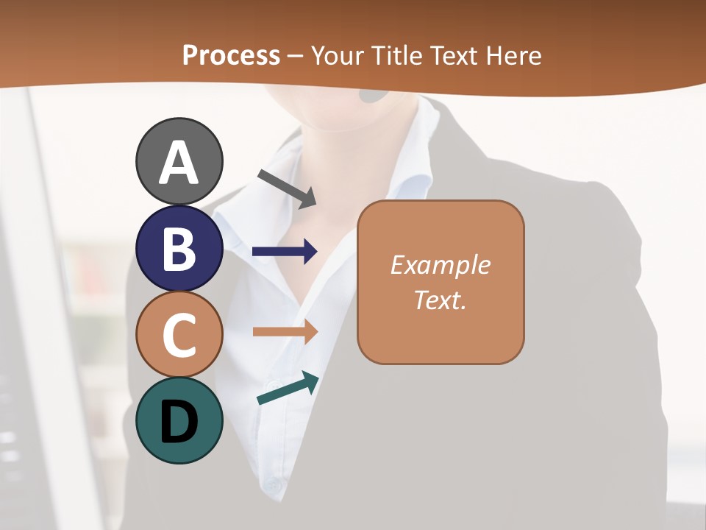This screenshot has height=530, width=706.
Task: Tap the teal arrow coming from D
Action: (288, 389)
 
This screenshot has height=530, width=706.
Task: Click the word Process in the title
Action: (231, 55)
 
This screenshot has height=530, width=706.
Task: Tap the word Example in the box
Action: (440, 265)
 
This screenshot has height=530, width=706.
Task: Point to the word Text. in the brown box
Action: (440, 300)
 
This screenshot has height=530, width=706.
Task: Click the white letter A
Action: (179, 163)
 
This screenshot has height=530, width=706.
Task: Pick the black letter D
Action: (179, 423)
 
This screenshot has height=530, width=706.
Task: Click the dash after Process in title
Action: (296, 56)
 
